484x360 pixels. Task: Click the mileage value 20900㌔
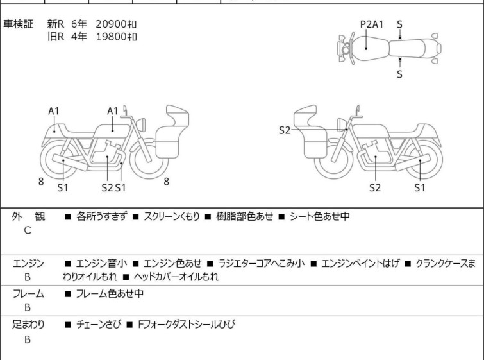pos(116,24)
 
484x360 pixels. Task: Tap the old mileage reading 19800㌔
pos(116,37)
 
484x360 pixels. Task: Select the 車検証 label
pos(20,24)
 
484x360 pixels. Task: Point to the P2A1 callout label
pos(372,24)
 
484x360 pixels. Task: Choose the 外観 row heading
pos(28,216)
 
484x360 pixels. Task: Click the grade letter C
pos(28,230)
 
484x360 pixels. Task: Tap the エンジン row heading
pos(28,263)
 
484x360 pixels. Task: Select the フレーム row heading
pos(28,294)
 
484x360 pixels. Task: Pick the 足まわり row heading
pos(28,325)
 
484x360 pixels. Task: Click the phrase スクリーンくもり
pos(169,216)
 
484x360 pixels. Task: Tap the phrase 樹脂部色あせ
pos(247,216)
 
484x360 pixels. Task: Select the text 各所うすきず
pos(101,216)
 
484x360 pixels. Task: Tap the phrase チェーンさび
pos(97,325)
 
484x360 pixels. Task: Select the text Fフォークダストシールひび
pos(186,325)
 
